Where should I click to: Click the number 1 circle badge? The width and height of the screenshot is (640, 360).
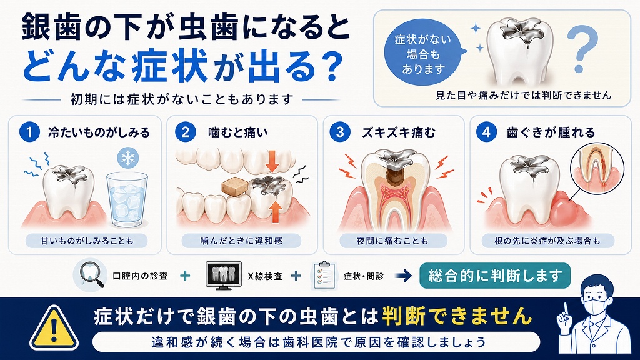[29, 132]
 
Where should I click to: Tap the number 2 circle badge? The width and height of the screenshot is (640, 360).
[186, 132]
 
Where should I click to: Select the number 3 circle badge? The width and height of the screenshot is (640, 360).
[341, 132]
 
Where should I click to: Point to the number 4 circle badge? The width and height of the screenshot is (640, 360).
[486, 132]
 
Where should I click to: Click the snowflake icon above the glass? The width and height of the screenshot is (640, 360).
[127, 158]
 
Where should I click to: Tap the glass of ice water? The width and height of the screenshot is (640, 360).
[127, 199]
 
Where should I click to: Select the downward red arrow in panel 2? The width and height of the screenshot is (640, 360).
[272, 161]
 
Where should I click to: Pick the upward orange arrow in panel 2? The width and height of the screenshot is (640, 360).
[276, 211]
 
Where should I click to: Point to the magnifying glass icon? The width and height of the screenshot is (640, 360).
[91, 275]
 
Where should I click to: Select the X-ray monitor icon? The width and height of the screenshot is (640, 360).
[223, 276]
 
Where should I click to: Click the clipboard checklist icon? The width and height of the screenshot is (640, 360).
[324, 276]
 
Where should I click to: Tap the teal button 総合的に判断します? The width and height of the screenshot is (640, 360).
[495, 276]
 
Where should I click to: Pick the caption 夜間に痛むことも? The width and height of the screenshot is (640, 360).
[392, 241]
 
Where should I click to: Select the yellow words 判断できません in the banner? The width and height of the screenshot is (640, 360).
[457, 316]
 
